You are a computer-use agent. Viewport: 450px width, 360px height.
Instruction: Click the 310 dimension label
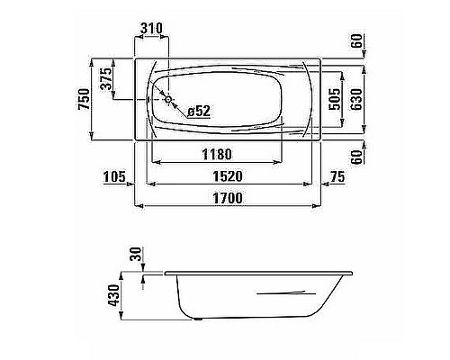[x=151, y=28]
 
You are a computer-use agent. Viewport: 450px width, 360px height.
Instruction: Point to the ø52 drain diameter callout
[x=198, y=111]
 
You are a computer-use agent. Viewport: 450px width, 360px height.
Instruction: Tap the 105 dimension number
[x=113, y=176]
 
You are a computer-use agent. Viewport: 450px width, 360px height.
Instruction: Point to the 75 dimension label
[x=338, y=176]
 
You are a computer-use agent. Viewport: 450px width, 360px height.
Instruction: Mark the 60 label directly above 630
[x=355, y=40]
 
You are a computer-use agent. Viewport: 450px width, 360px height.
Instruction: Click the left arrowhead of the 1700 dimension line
[x=138, y=207]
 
